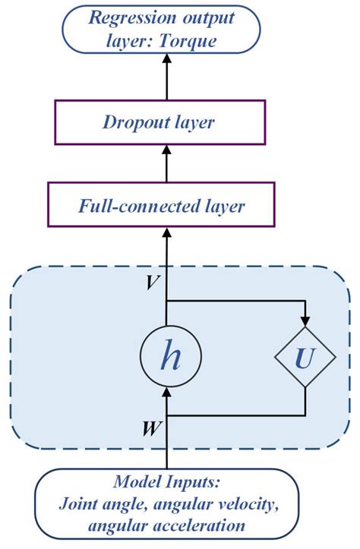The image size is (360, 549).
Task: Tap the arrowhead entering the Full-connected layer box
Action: tap(166, 232)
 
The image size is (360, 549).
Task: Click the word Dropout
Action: tap(139, 121)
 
